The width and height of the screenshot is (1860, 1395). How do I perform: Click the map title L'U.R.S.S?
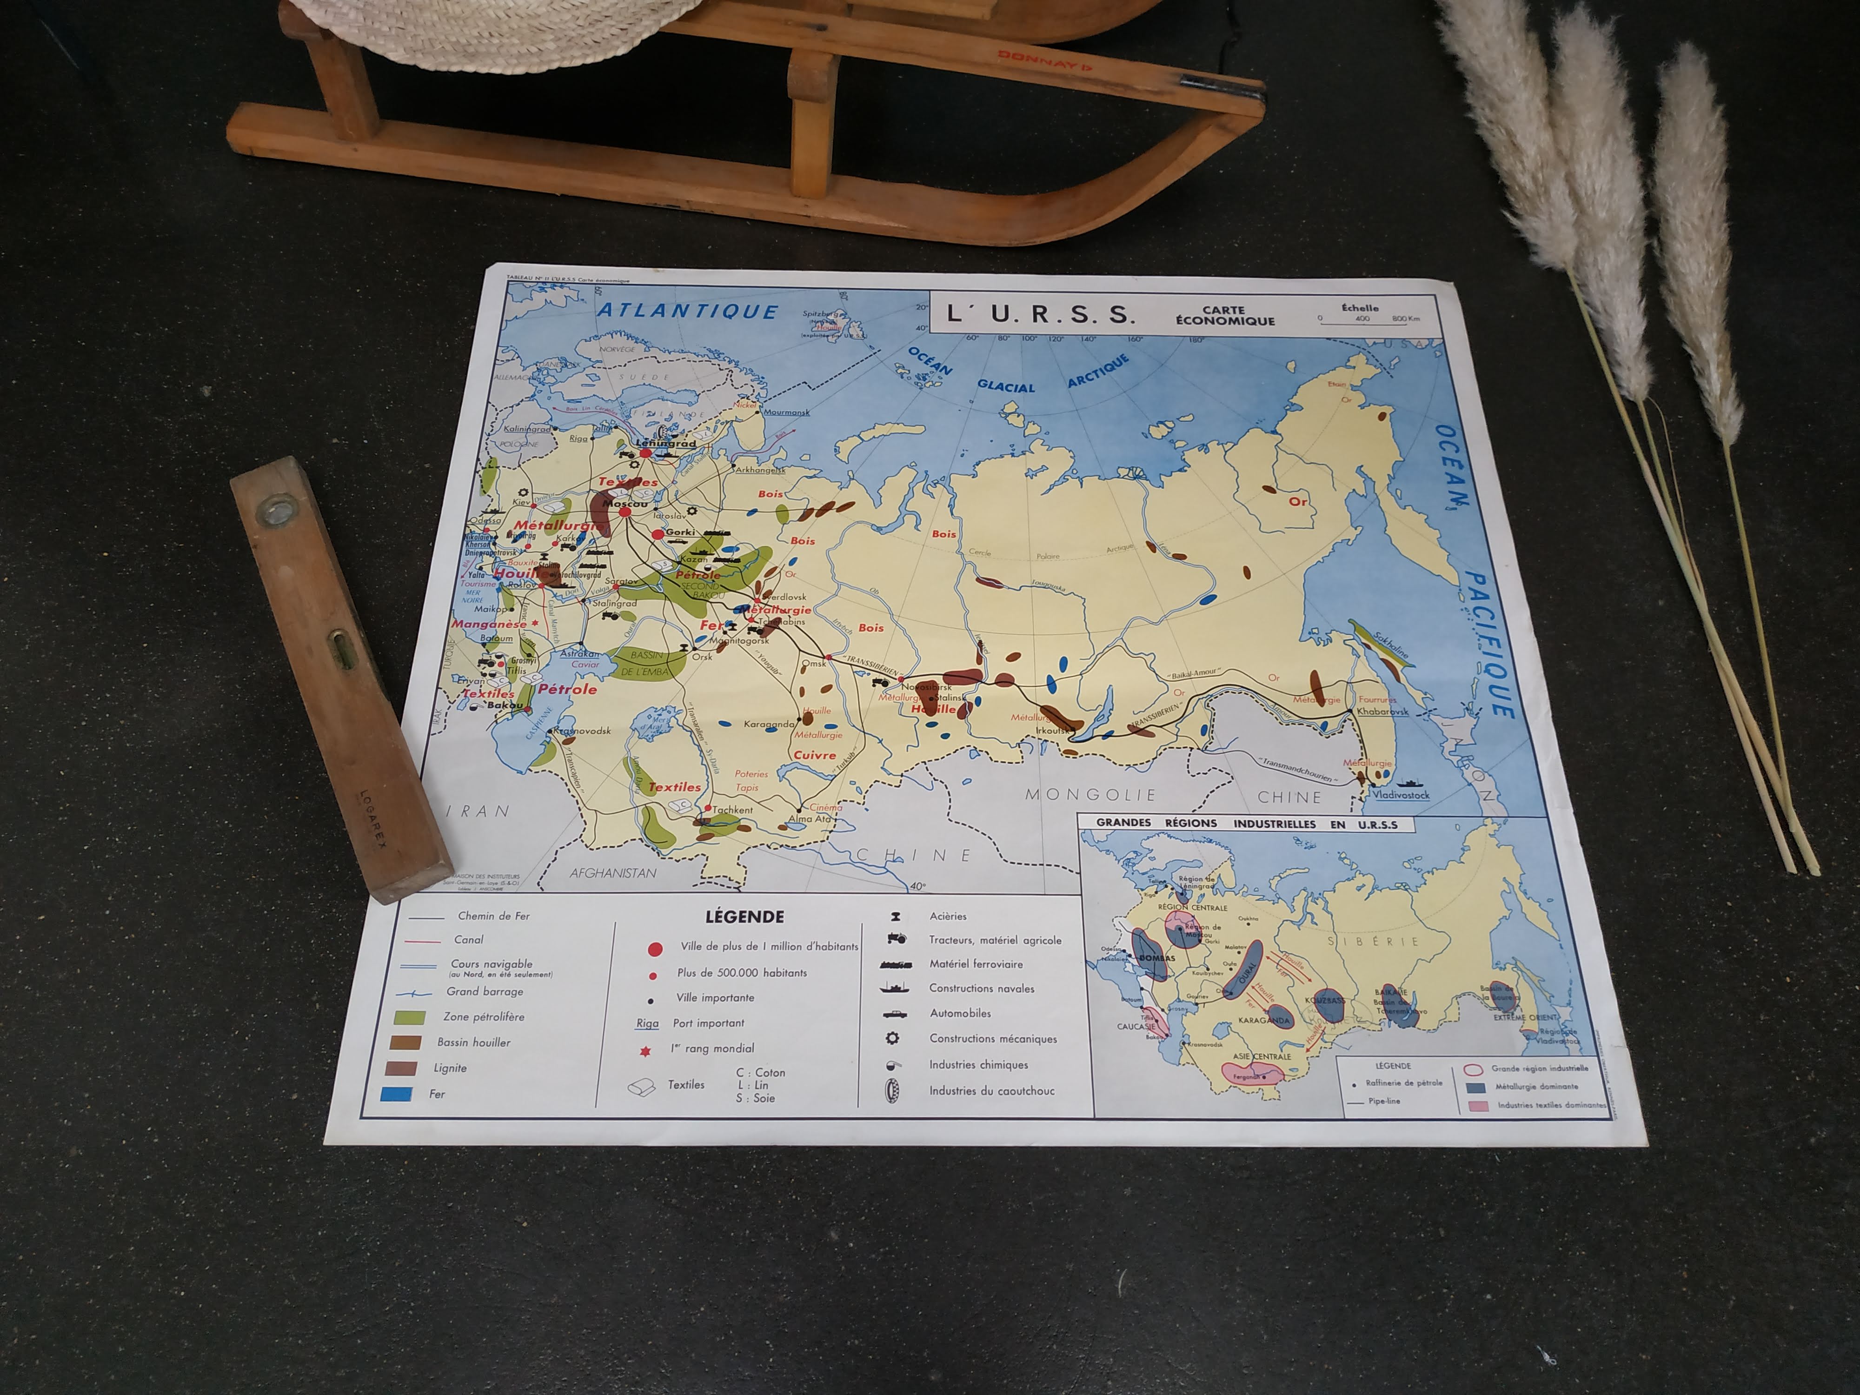[x=1041, y=314]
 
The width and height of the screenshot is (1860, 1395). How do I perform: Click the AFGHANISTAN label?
[x=613, y=873]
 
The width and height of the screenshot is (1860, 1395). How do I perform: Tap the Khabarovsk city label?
[x=1382, y=711]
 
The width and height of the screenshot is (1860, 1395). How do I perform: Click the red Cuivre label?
[x=815, y=755]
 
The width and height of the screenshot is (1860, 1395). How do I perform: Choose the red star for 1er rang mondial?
[x=646, y=1051]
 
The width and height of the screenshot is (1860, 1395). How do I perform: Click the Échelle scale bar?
[x=1369, y=319]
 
